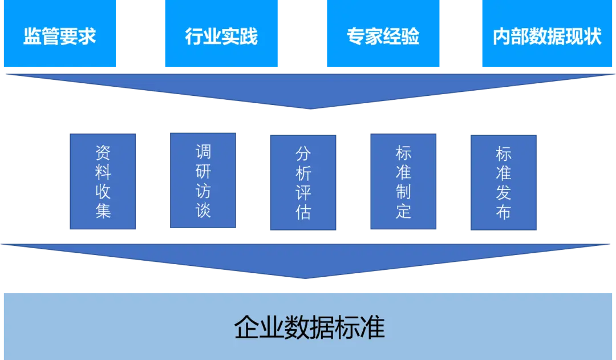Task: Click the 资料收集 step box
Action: (x=103, y=181)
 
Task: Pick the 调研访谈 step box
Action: (x=203, y=180)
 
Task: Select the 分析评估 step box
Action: (x=303, y=183)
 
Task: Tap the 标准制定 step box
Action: (x=404, y=182)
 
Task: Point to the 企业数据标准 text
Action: (x=309, y=327)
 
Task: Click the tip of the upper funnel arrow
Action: (x=309, y=107)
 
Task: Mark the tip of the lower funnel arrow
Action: (x=306, y=278)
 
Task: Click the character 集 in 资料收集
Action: (x=103, y=211)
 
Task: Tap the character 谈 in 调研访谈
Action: (x=203, y=209)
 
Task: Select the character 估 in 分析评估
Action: (x=303, y=212)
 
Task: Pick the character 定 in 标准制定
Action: (x=404, y=211)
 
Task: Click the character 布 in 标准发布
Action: (x=504, y=212)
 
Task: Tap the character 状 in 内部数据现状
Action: (x=593, y=37)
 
